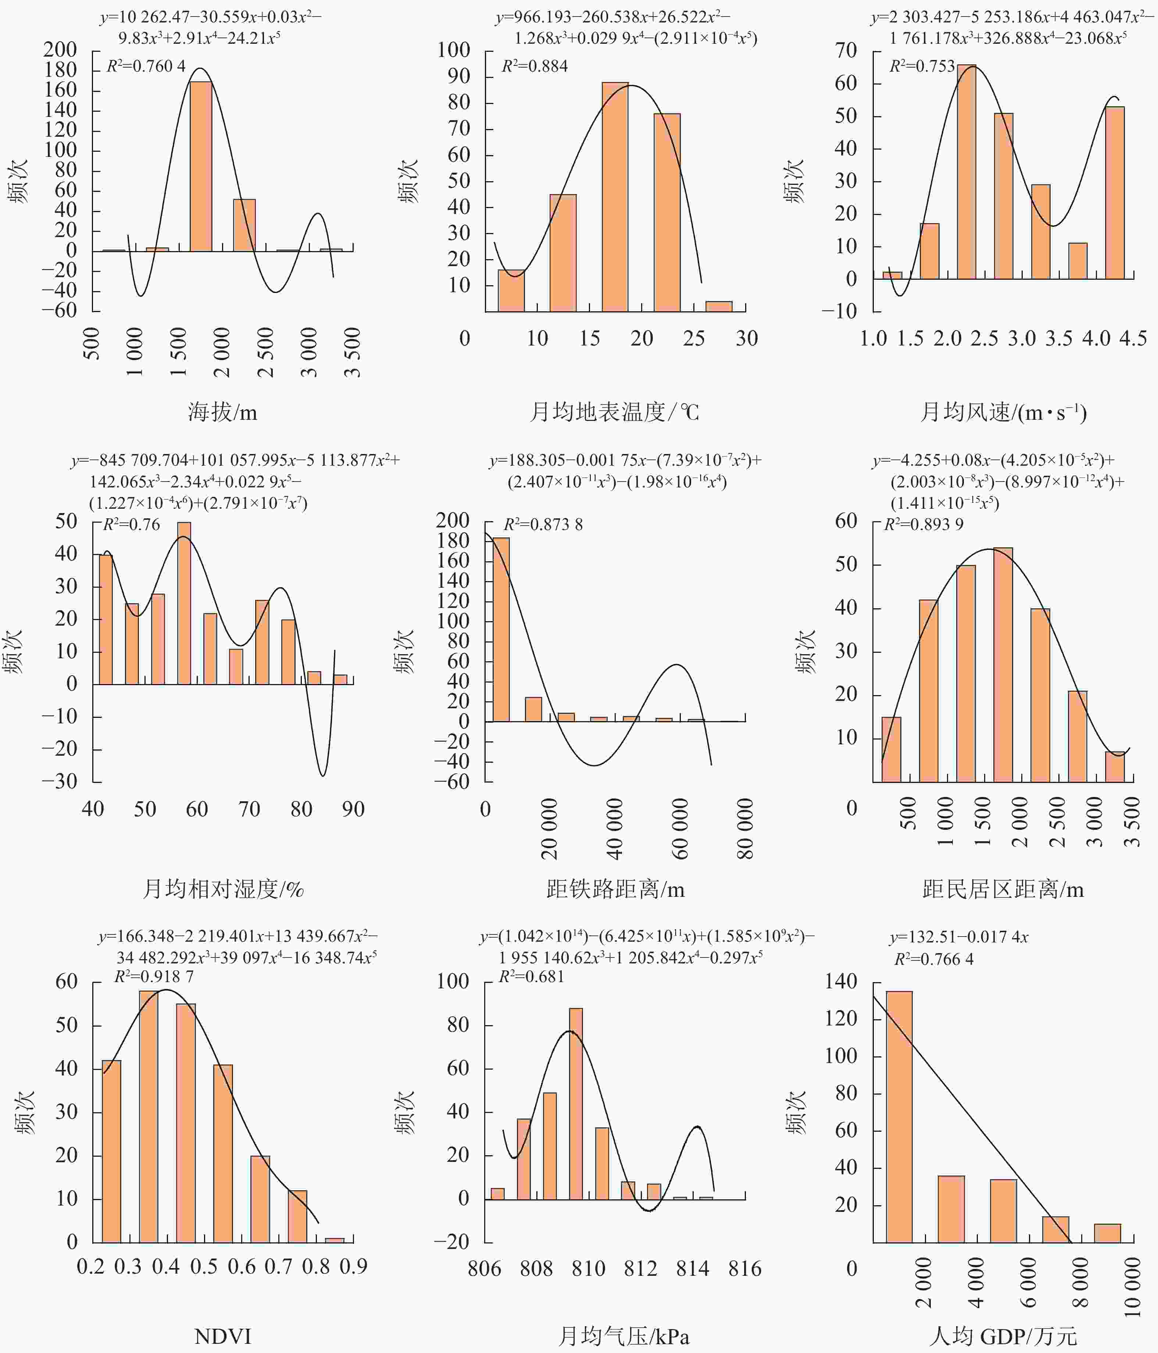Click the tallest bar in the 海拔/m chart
coord(200,167)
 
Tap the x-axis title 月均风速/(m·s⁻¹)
coord(1003,413)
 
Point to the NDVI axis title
coord(223,1336)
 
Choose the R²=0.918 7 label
coord(154,976)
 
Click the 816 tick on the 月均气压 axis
coord(744,1269)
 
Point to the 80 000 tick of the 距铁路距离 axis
coord(744,828)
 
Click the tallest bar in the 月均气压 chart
coord(575,1103)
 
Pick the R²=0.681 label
coord(531,976)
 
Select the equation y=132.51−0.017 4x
coord(959,937)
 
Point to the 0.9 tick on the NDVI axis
coord(353,1267)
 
